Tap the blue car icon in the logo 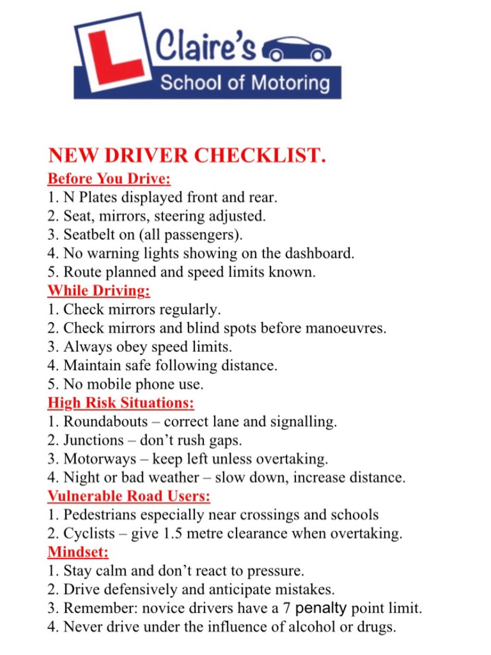(x=297, y=49)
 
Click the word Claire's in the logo (x=205, y=46)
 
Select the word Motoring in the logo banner (x=291, y=83)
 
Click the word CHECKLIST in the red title (x=260, y=155)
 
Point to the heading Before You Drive (x=109, y=178)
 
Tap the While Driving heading (x=99, y=291)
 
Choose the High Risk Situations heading (x=121, y=403)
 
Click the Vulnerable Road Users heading (x=129, y=496)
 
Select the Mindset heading (x=78, y=552)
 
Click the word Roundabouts (x=105, y=421)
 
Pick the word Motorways (x=100, y=459)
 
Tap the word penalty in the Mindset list (x=321, y=608)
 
